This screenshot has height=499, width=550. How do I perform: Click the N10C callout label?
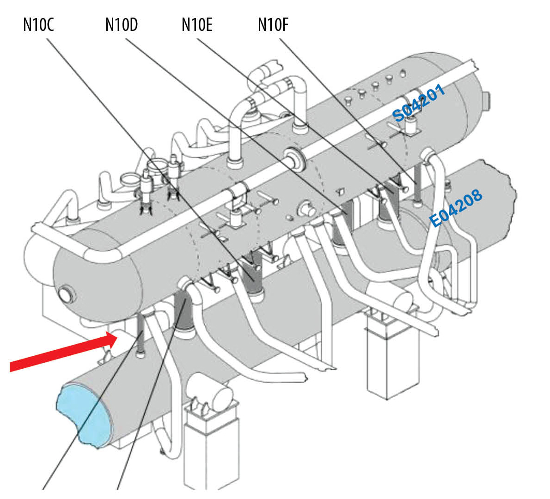click(38, 24)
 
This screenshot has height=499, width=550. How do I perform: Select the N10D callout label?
click(121, 24)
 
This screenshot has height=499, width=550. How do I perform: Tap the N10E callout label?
click(197, 24)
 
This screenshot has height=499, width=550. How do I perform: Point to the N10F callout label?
click(273, 24)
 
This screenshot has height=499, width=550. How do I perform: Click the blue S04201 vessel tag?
click(419, 103)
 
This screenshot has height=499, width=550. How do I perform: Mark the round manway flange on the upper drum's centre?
click(294, 160)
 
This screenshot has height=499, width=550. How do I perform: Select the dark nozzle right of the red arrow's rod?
click(183, 314)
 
